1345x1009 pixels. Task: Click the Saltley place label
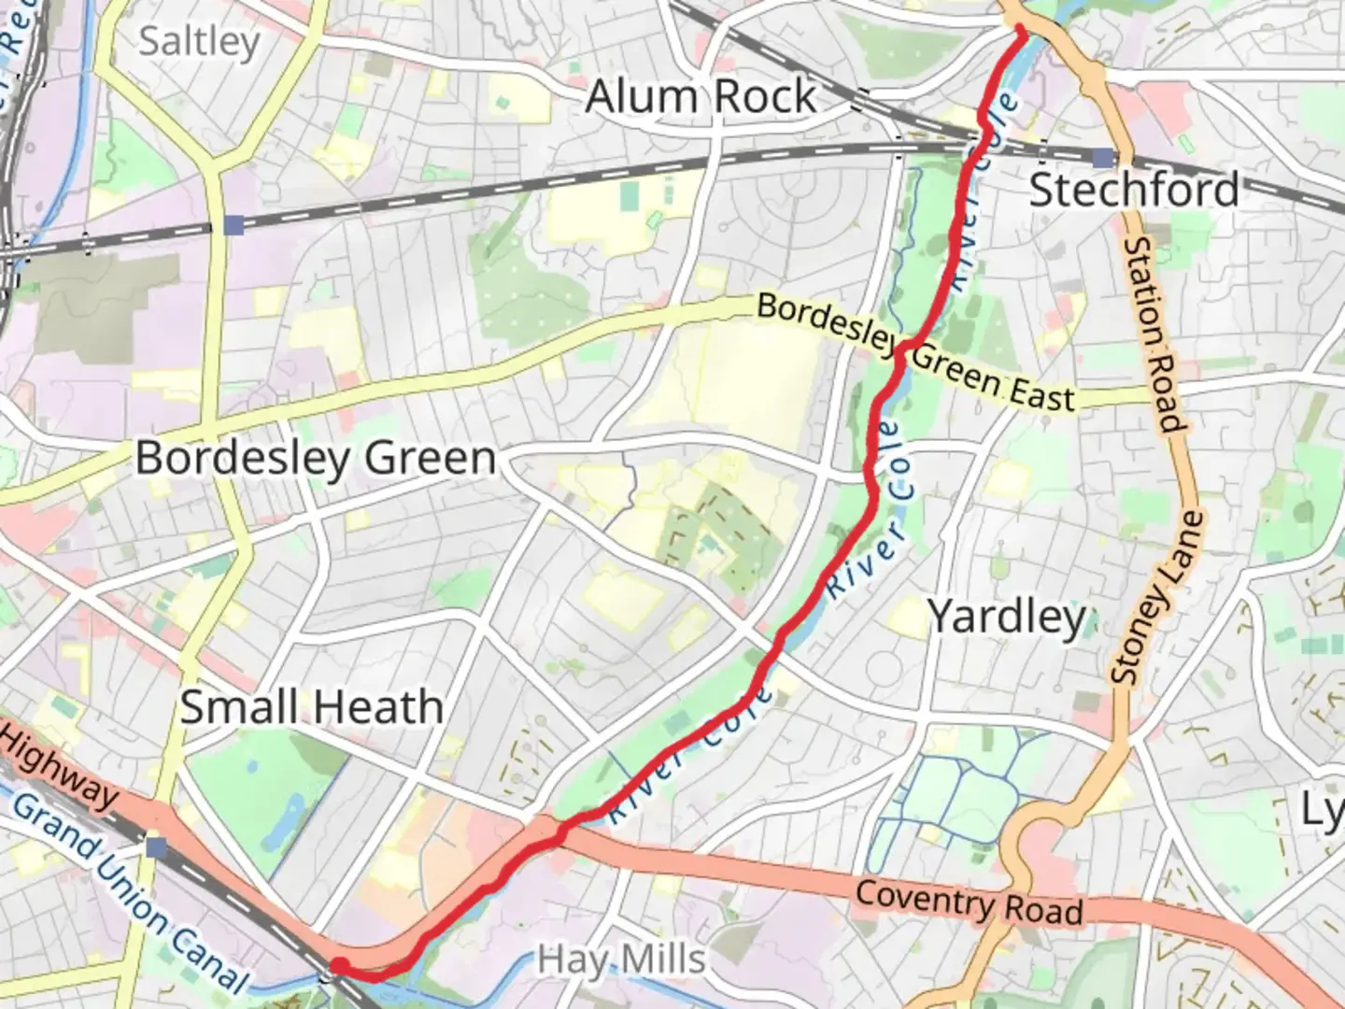(199, 42)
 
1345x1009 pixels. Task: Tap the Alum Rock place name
(701, 97)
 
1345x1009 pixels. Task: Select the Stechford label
(1134, 190)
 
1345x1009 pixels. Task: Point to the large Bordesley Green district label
(316, 458)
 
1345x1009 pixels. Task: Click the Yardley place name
(1007, 617)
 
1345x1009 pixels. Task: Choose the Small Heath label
(311, 706)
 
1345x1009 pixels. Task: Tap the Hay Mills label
(621, 959)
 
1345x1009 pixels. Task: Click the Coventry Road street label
(969, 902)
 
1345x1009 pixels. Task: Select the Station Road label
(1155, 334)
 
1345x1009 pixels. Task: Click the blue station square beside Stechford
(1105, 157)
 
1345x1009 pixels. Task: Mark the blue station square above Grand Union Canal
(156, 847)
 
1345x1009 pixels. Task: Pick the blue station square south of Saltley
(234, 225)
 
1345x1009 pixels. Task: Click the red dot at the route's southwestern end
(341, 965)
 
